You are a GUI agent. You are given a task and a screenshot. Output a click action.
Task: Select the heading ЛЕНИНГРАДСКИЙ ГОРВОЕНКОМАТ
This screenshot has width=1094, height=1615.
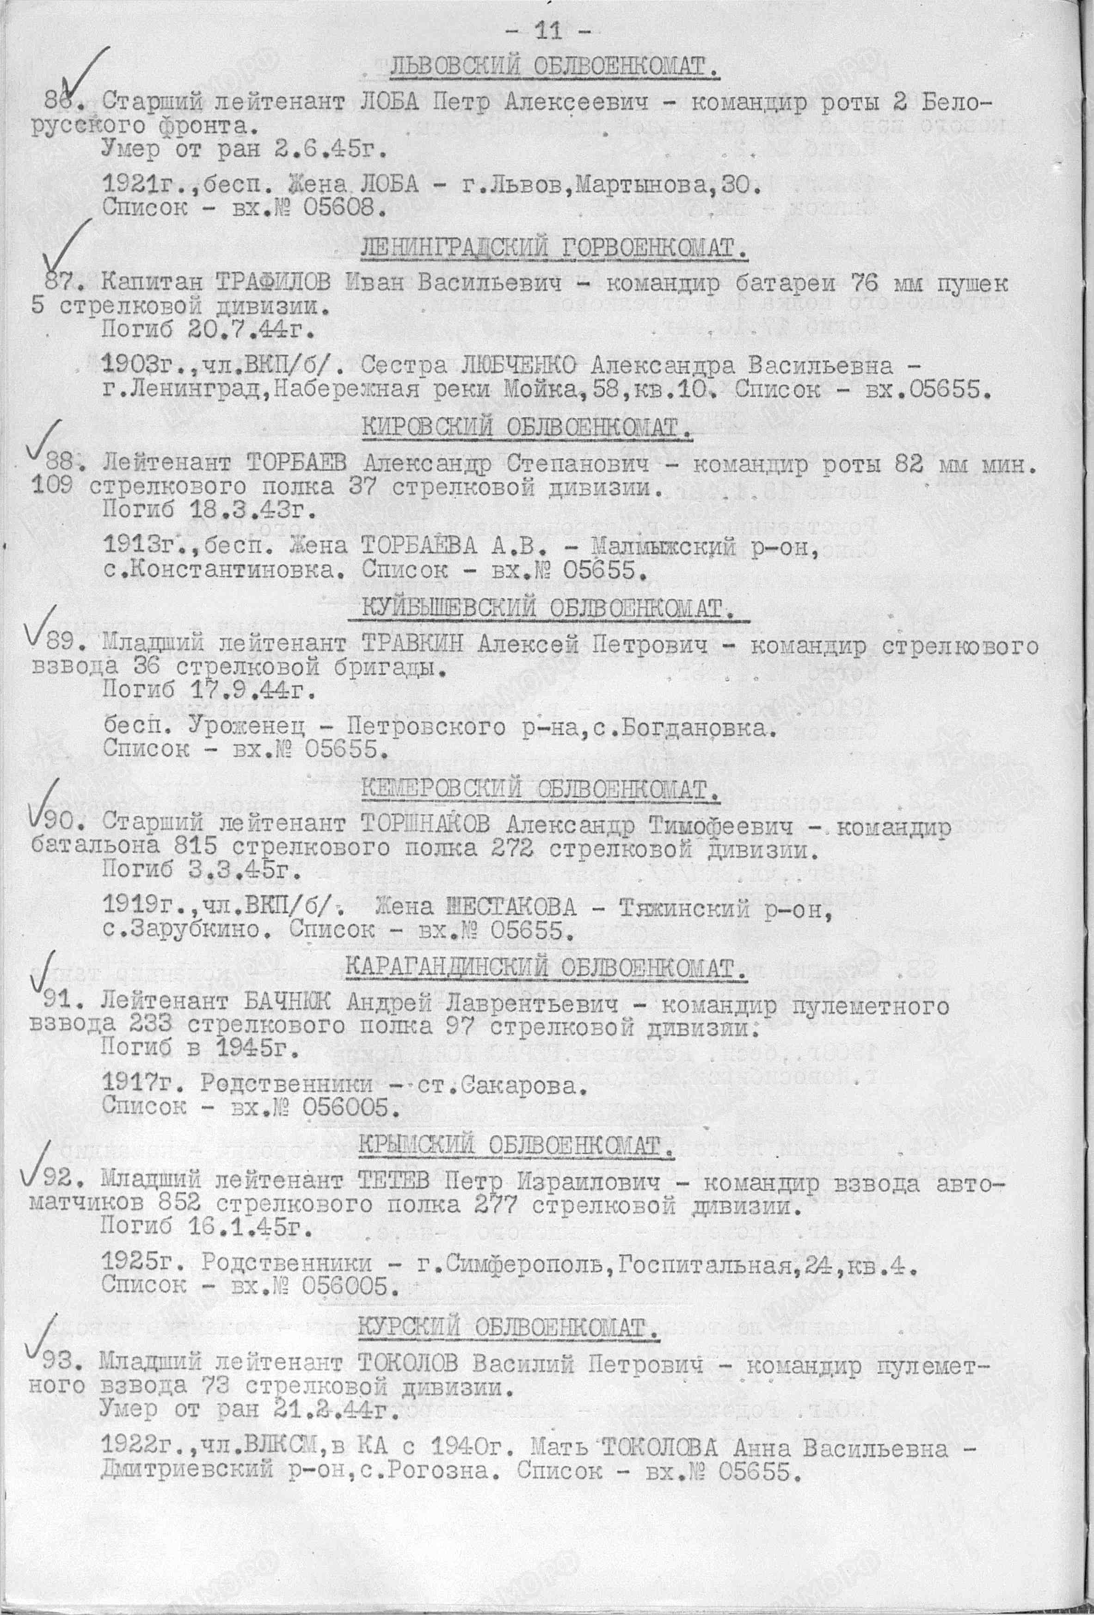pyautogui.click(x=554, y=248)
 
